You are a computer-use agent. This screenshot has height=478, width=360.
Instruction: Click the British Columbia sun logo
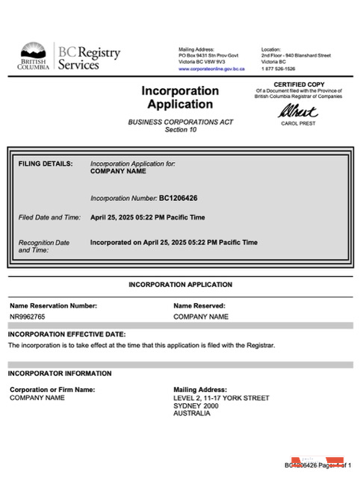(x=34, y=52)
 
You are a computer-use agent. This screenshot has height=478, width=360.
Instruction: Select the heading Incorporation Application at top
(x=180, y=98)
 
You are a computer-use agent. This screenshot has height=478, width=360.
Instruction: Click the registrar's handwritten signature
(x=298, y=112)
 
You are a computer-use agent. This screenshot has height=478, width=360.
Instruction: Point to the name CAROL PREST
(x=298, y=124)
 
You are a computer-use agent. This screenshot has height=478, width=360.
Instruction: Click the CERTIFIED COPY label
(x=298, y=84)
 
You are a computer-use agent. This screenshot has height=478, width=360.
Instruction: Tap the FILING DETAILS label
(x=46, y=163)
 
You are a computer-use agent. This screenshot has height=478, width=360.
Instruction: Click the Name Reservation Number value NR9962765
(x=28, y=317)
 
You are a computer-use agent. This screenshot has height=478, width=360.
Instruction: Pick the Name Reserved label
(x=199, y=305)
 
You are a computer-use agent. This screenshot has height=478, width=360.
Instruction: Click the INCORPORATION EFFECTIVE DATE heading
(x=66, y=334)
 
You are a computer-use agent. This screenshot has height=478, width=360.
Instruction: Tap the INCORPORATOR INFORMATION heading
(x=60, y=373)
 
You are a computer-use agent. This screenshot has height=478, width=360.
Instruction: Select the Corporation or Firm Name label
(x=52, y=389)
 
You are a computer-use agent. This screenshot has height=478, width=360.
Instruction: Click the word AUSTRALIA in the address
(x=192, y=413)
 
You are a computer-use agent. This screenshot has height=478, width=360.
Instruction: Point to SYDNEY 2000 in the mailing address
(x=197, y=406)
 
